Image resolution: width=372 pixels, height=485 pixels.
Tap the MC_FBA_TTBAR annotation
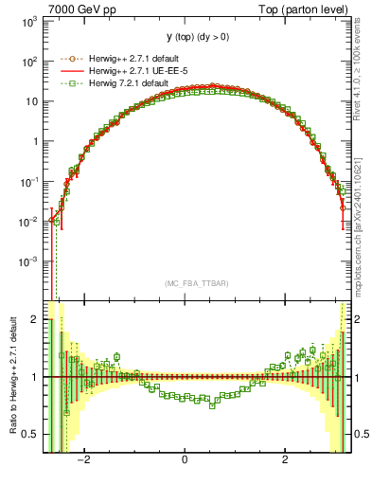tap(196, 283)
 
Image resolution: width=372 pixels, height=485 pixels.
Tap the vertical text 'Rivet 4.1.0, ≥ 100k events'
tap(365, 76)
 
